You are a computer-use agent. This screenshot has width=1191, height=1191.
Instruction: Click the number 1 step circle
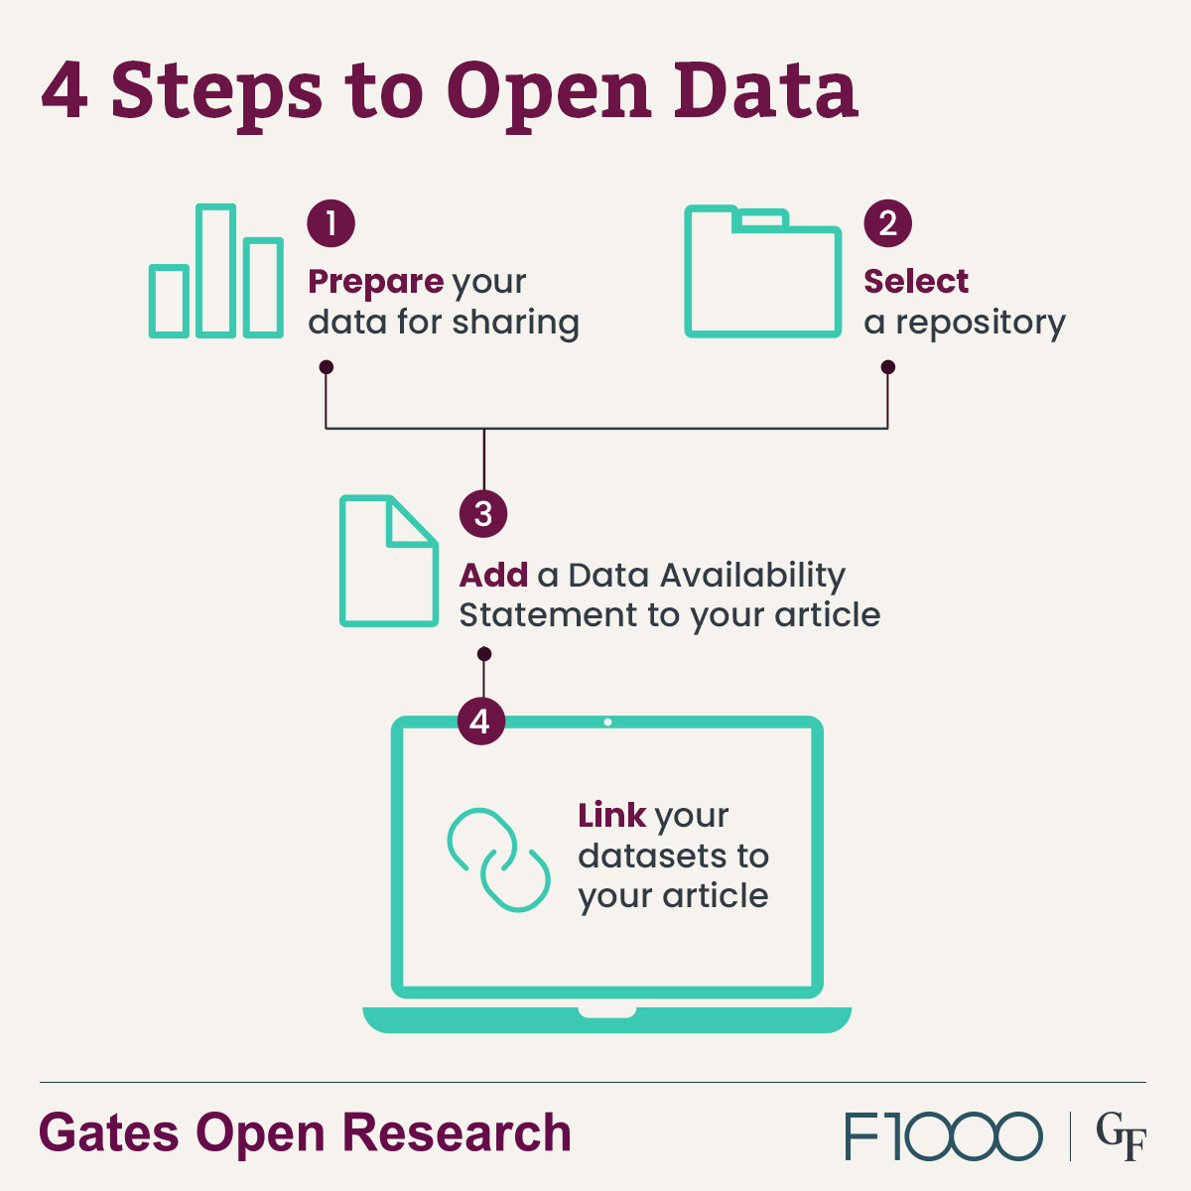coord(331,223)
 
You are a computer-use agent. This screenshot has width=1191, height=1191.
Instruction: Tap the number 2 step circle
coord(887,223)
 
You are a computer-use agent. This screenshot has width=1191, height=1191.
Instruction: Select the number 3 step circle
coord(483,514)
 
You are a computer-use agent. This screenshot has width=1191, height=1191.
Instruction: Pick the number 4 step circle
coord(481,721)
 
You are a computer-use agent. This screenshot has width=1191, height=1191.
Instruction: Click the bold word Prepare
coord(375,282)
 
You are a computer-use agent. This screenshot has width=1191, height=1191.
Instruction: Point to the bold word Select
coord(915,282)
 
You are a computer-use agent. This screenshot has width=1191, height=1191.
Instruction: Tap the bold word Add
coord(493,575)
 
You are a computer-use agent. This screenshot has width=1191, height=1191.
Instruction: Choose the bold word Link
coord(611,816)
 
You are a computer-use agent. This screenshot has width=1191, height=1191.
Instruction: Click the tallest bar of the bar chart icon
coord(215,271)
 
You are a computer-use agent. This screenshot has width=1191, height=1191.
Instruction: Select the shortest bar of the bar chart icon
coord(169,301)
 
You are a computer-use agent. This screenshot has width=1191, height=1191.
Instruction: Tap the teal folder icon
coord(762,273)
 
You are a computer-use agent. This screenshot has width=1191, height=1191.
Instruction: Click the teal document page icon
coord(388,562)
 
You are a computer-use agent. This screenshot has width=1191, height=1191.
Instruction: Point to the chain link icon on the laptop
coord(498,860)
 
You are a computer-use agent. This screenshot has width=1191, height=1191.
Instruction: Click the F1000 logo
coord(943,1136)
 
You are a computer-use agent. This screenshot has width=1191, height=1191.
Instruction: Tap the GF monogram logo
coord(1121,1137)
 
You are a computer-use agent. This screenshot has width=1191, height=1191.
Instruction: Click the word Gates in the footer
coord(110,1134)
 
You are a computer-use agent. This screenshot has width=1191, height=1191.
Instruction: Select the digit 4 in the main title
coord(64,91)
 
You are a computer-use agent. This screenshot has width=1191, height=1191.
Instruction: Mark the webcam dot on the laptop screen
coord(607,723)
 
